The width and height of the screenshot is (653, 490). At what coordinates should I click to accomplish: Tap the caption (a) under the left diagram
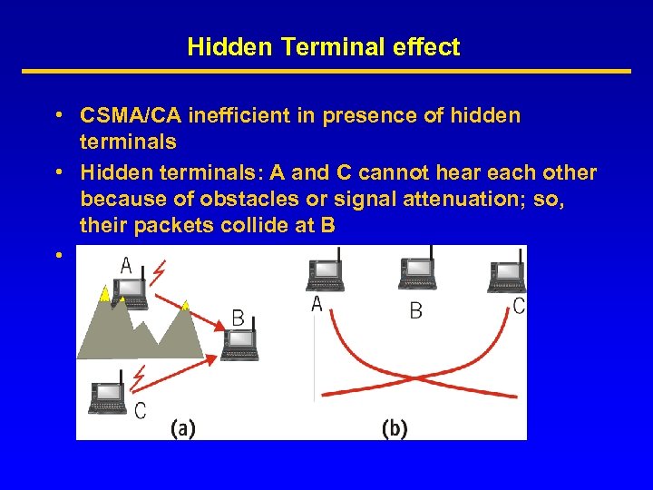182,428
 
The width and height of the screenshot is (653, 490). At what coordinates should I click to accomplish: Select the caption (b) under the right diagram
395,428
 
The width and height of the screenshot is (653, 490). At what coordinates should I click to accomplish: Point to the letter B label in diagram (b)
415,311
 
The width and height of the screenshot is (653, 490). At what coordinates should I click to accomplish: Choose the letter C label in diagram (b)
518,307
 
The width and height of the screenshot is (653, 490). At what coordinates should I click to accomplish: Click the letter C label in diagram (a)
140,411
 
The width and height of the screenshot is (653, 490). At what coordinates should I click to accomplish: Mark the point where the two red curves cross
416,378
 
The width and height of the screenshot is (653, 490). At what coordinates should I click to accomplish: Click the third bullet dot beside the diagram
57,255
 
